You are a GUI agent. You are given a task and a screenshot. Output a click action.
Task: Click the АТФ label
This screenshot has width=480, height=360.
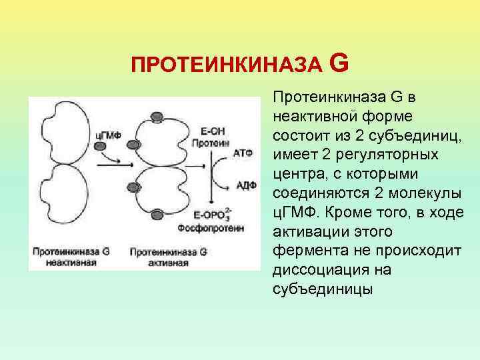[243, 153]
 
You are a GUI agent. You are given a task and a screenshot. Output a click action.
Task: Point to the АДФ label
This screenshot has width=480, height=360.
[246, 185]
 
